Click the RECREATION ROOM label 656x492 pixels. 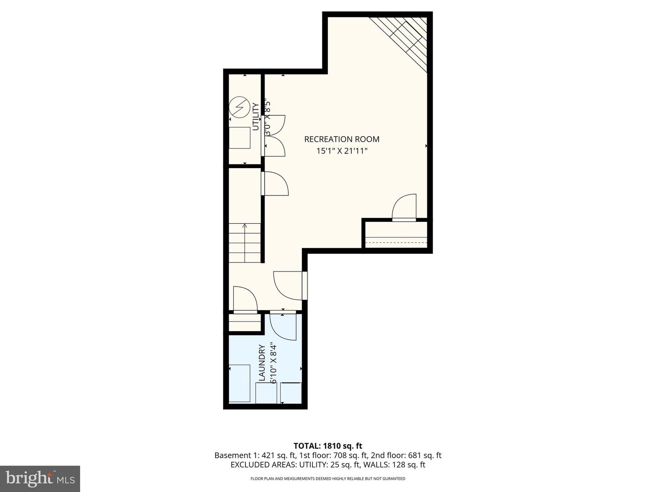[x=342, y=139]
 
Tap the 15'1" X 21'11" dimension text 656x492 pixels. [x=342, y=151]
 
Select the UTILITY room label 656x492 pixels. [x=256, y=117]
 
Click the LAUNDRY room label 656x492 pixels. [x=262, y=363]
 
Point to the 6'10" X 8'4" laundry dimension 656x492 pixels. [x=273, y=363]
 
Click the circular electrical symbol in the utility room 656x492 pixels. [x=239, y=107]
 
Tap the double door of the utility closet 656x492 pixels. [x=275, y=135]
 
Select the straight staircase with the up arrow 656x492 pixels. [x=245, y=243]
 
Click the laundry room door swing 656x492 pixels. [x=282, y=326]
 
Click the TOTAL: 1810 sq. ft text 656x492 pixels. [x=328, y=446]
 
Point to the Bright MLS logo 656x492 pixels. [x=40, y=478]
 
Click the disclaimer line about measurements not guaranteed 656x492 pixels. [x=328, y=479]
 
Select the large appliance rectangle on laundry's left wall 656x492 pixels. [x=240, y=383]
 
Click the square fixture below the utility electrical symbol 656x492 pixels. [x=240, y=138]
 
